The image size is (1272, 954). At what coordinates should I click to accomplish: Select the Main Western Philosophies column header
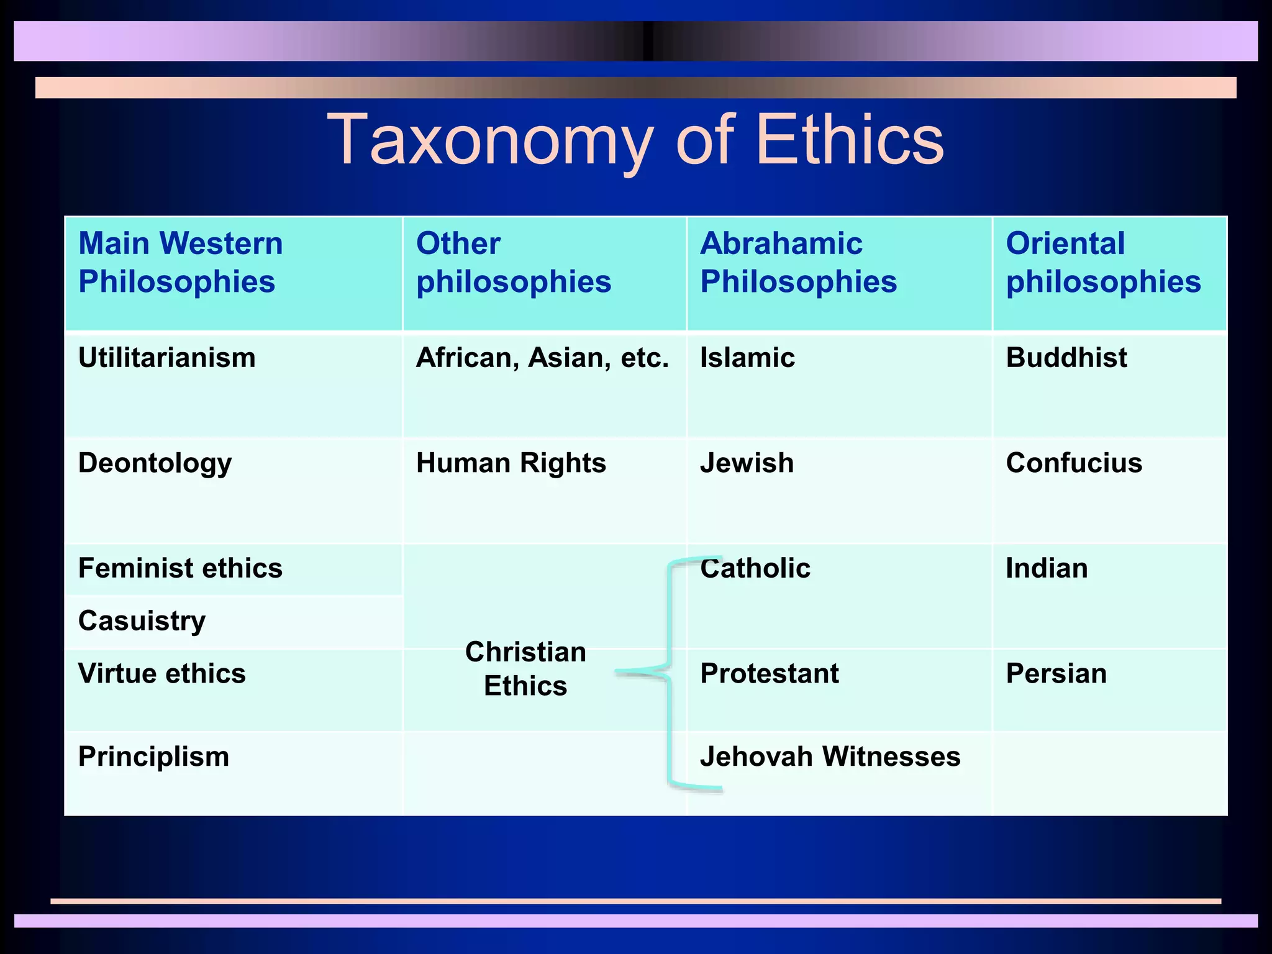180,262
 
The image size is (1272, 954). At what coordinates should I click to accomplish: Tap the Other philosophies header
513,262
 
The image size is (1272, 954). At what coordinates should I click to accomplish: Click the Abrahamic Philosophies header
798,262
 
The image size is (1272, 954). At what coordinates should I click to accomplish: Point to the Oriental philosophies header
1103,262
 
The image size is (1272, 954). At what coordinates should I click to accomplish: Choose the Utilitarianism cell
166,358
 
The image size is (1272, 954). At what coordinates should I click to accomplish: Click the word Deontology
155,463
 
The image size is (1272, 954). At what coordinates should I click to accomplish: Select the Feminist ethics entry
180,568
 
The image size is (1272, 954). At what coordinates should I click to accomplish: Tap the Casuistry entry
142,621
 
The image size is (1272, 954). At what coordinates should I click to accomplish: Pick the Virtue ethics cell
161,673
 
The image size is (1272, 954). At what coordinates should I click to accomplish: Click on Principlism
153,756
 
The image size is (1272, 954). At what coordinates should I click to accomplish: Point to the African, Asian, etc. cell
542,358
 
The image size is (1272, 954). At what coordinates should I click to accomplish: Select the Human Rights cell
511,463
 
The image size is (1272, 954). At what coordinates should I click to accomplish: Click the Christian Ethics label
525,669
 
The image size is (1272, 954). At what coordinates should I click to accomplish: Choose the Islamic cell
747,358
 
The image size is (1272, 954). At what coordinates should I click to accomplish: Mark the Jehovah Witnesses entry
830,756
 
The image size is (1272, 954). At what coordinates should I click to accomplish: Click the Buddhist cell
1066,358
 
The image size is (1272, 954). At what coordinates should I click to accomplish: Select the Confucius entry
1074,463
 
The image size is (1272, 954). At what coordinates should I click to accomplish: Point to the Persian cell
1056,673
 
